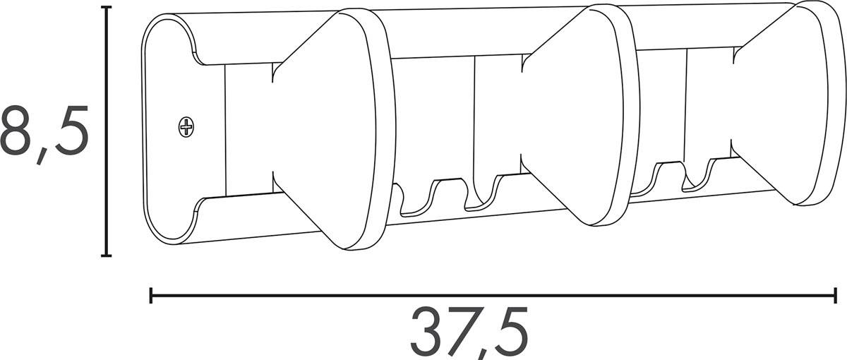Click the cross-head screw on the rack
186,127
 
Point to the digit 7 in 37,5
466,331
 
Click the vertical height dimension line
106,131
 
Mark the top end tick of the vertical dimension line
106,8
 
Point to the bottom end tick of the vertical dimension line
106,256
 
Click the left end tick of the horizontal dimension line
151,296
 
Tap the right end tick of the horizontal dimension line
836,296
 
